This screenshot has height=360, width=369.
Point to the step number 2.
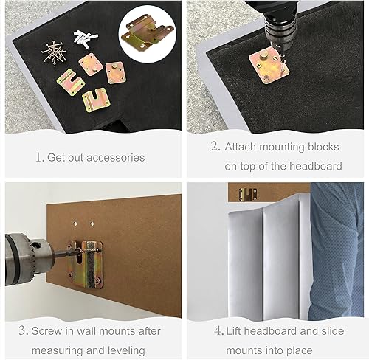(215, 147)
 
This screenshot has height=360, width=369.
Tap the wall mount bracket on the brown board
(86, 262)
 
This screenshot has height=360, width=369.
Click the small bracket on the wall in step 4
(248, 194)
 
